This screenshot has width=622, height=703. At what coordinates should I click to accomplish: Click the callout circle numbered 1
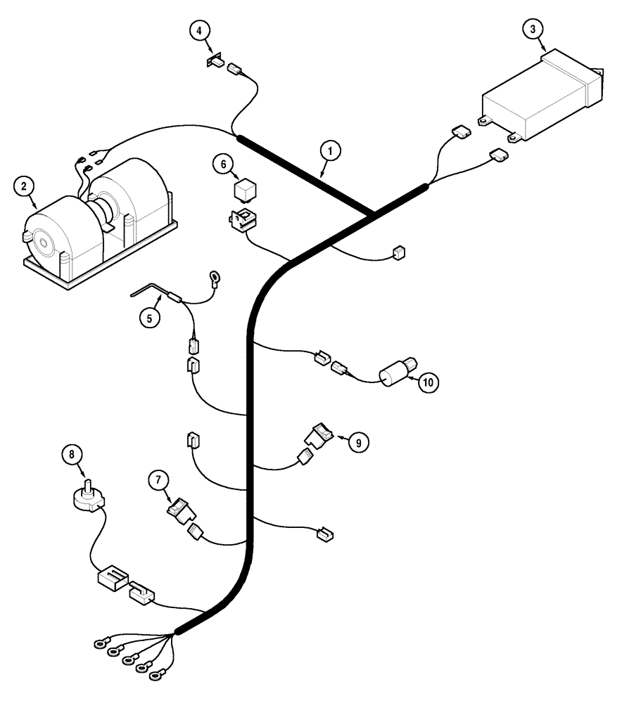point(329,150)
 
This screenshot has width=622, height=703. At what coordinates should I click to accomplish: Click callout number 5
point(149,317)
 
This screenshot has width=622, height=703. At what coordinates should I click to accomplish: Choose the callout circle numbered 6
point(223,165)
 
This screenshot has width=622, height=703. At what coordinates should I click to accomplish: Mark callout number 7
point(158,482)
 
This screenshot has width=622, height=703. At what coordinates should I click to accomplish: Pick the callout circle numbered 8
point(71,455)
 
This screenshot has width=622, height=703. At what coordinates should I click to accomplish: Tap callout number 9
point(358,442)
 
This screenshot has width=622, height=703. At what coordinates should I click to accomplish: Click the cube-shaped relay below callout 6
point(245,191)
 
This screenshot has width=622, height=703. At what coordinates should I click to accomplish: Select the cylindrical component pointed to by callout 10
point(398,372)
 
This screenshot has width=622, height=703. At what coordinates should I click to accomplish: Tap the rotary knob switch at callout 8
point(89,497)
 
